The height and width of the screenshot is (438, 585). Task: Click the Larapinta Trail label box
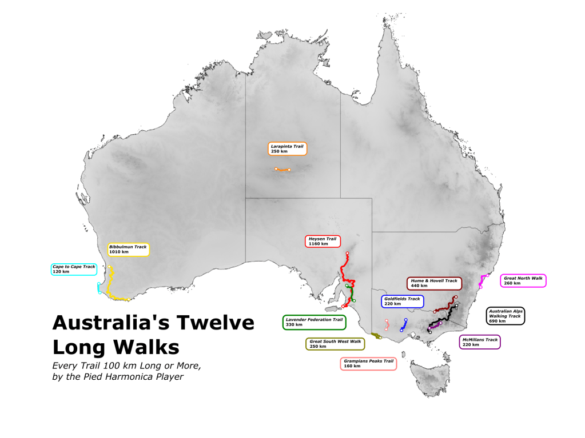[x=287, y=148]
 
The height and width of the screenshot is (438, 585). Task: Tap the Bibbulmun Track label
[x=128, y=249]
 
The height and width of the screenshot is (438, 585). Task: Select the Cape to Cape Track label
[x=74, y=269]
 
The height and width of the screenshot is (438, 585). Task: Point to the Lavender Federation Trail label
[x=314, y=322]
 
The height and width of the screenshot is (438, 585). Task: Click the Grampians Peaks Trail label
[x=368, y=363]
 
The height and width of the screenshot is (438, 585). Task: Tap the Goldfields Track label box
[x=402, y=301]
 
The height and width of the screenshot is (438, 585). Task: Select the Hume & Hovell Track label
[x=434, y=283]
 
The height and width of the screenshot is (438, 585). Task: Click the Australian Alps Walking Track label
[x=505, y=316]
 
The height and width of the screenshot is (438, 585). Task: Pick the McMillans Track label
[x=480, y=342]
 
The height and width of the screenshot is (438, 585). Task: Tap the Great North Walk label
[x=523, y=280]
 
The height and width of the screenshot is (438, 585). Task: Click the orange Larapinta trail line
[x=282, y=170]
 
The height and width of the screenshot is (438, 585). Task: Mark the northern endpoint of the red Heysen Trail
[x=347, y=253]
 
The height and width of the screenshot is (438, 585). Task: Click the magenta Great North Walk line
[x=482, y=280]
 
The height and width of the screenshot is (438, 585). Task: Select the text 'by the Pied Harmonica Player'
[x=118, y=377]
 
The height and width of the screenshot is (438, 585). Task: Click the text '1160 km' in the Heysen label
[x=319, y=244]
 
